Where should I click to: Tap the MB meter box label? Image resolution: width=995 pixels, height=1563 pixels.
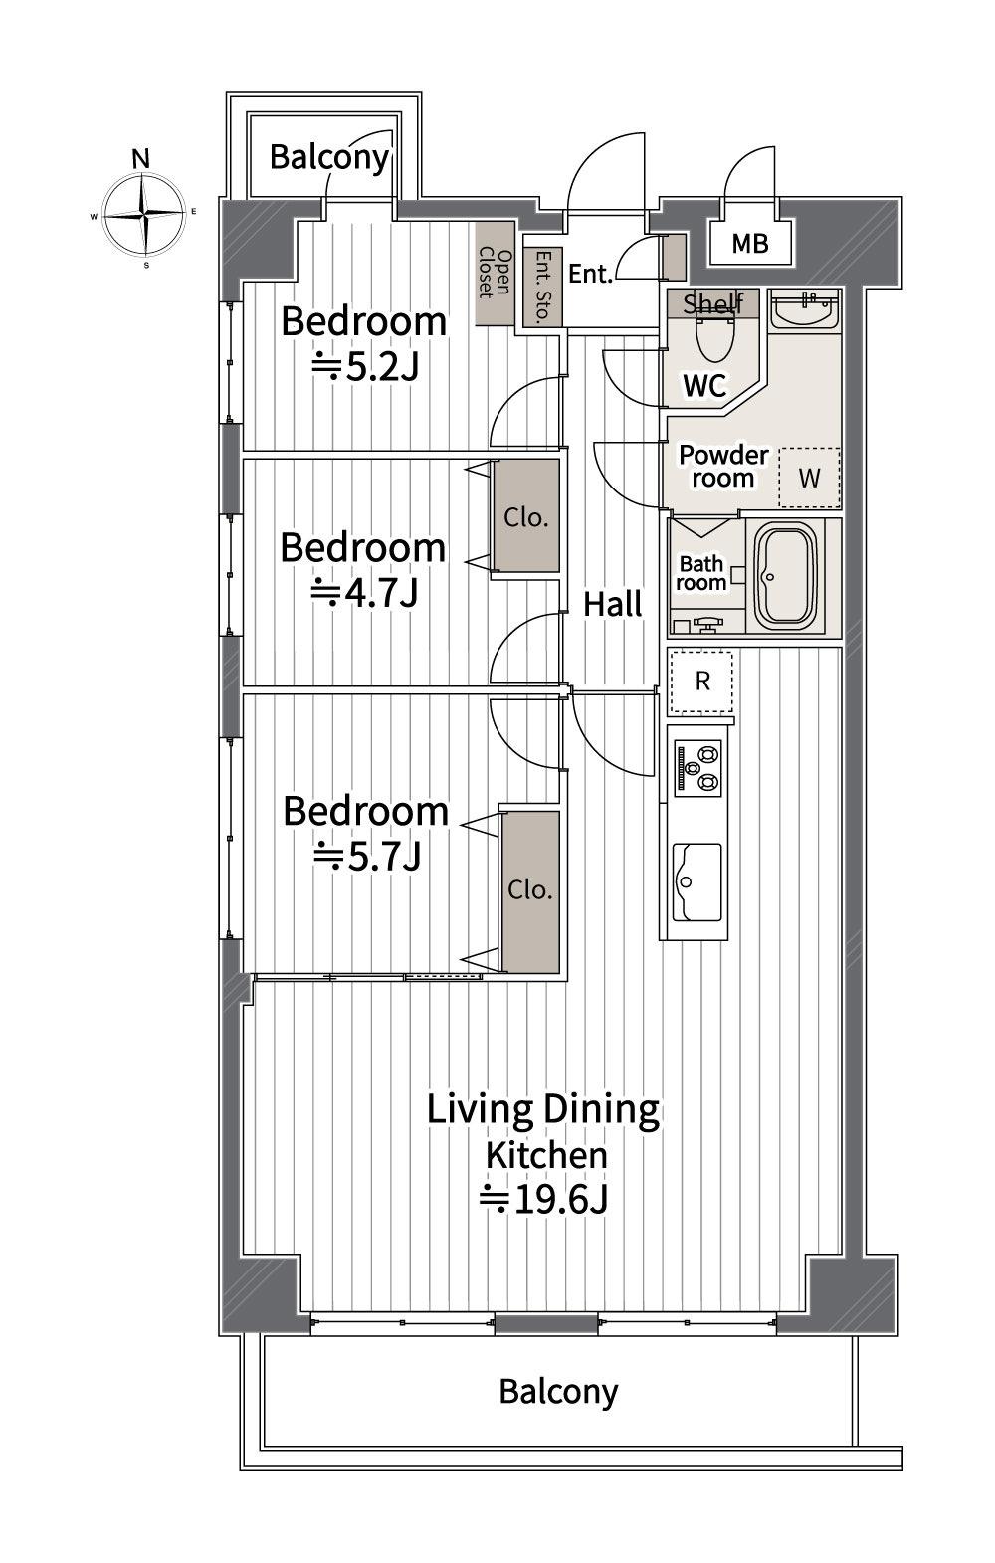750,244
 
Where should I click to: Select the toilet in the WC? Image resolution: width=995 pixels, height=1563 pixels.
715,337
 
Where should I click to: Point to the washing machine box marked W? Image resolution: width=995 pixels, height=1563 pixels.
809,478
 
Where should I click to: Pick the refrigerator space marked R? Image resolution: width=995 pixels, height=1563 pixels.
701,682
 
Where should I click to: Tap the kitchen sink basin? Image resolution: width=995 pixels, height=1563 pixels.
697,881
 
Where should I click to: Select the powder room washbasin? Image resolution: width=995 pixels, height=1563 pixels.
805,309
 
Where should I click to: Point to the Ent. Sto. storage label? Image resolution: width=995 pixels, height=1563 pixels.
543,287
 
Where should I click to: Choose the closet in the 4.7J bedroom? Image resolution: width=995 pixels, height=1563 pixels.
526,516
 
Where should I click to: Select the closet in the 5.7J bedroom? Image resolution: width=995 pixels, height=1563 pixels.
530,891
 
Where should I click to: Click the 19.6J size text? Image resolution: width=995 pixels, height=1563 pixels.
543,1200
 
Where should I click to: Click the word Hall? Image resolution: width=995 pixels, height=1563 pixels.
613,604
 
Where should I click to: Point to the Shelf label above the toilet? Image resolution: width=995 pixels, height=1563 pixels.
713,303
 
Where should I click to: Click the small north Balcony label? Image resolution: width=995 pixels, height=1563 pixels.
329,158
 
